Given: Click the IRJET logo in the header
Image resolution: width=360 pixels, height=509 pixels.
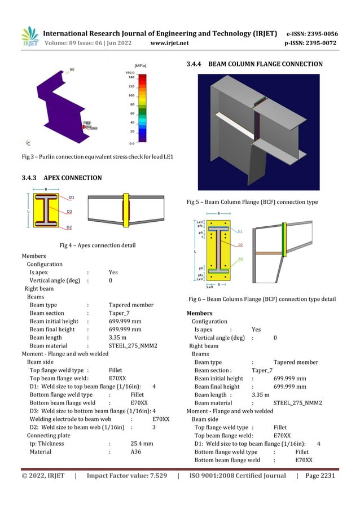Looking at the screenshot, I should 30,37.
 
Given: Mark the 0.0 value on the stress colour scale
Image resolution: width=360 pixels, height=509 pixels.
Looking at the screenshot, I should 130,143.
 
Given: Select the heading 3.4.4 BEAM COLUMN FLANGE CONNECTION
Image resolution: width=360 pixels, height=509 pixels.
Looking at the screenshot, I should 254,64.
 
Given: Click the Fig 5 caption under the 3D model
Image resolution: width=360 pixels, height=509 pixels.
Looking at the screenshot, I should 252,201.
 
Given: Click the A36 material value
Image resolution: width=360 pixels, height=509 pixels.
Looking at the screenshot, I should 135,451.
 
